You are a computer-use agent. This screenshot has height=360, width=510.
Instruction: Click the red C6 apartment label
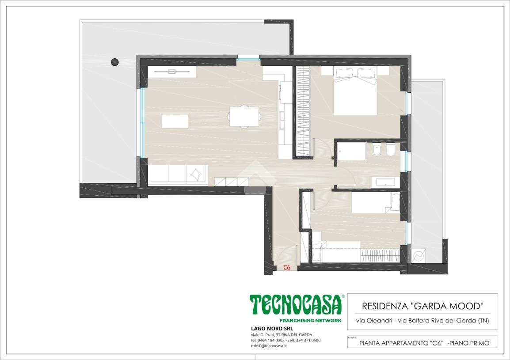pos(286,268)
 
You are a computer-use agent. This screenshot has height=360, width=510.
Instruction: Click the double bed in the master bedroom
pos(355,91)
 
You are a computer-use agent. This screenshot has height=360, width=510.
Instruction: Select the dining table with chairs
pos(244,117)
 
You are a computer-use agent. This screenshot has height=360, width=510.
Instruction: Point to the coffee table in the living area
pos(175,121)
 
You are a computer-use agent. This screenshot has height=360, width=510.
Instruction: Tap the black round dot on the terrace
pos(114,62)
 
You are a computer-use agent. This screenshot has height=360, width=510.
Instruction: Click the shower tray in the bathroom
pos(352,151)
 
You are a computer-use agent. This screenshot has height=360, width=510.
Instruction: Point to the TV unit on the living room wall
pos(172,72)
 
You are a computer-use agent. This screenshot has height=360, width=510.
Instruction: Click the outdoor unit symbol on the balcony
pos(418,256)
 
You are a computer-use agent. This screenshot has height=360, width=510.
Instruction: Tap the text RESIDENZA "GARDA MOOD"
pos(422,306)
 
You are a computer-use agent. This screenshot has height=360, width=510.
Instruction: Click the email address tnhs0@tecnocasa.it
pos(269,346)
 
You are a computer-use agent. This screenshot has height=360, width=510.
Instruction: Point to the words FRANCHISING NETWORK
pos(311,320)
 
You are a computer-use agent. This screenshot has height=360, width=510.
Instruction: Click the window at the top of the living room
pos(248,59)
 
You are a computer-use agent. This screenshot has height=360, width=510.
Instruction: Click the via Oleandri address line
pos(422,321)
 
